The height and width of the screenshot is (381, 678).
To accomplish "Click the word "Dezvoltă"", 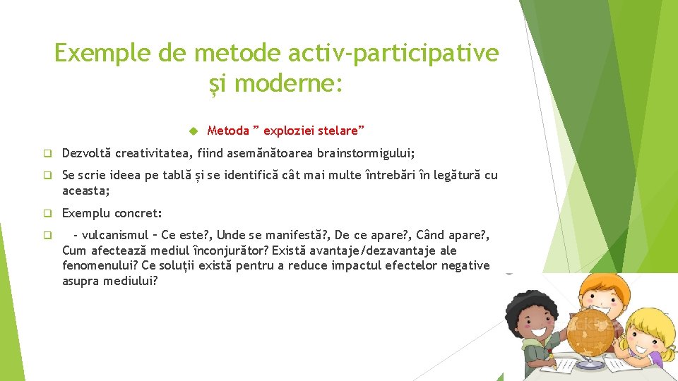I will [x=87, y=153].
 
